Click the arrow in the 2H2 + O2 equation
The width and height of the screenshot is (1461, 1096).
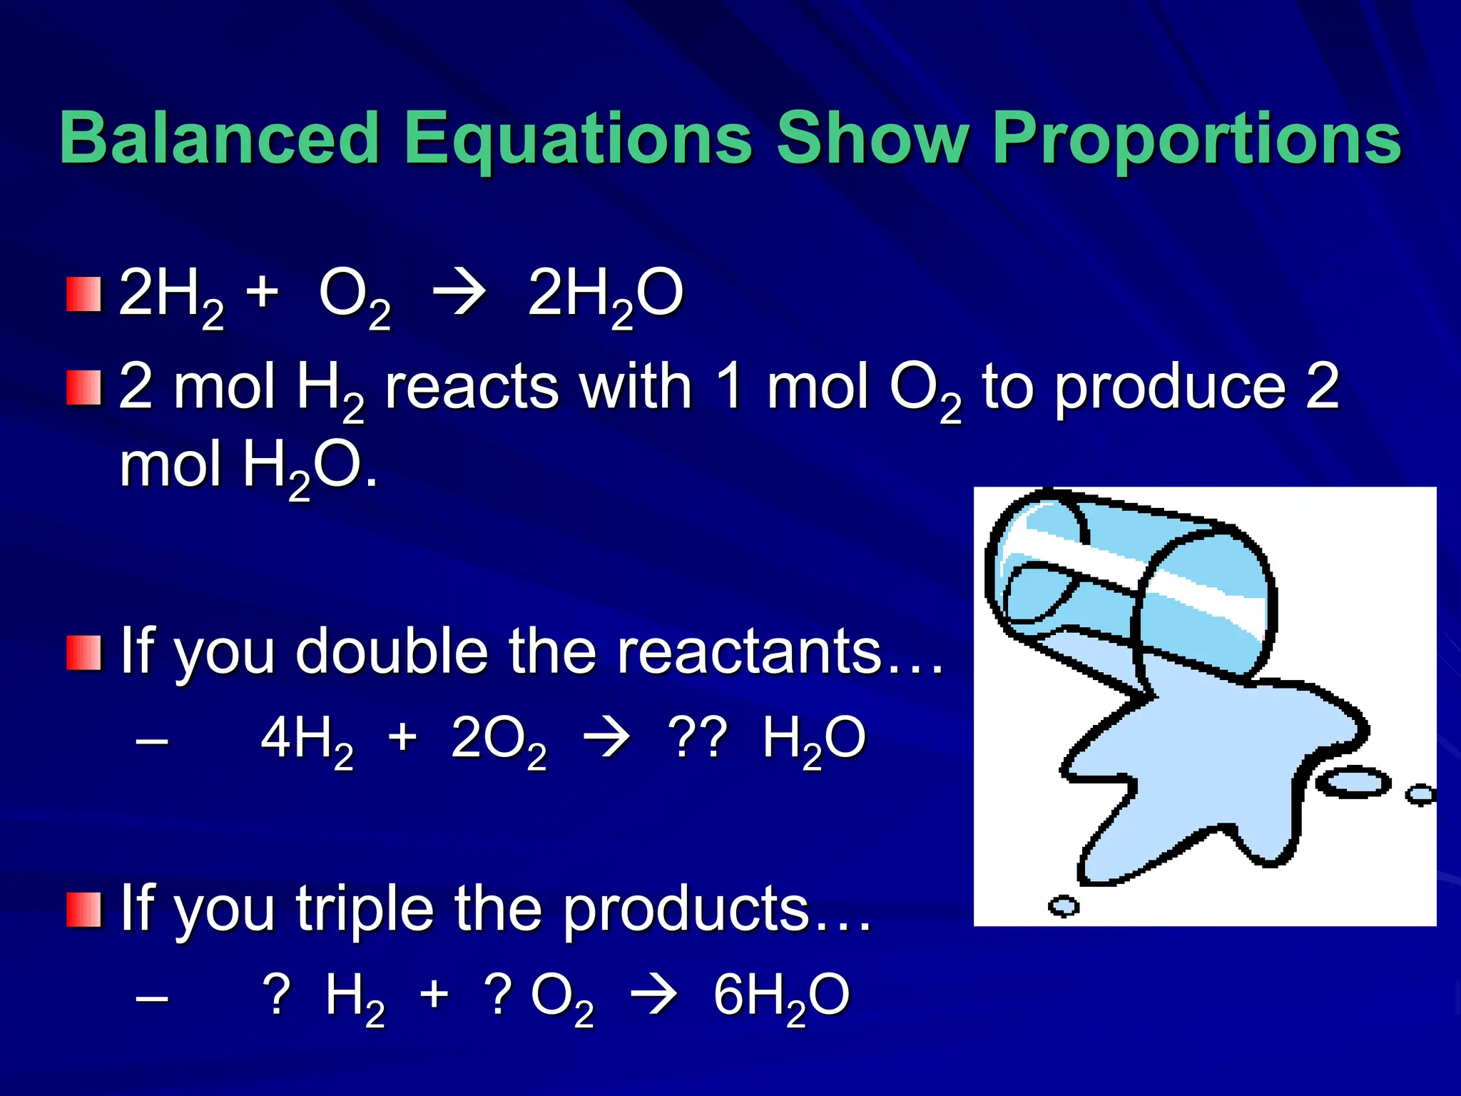[460, 293]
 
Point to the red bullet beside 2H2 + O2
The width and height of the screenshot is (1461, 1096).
[83, 295]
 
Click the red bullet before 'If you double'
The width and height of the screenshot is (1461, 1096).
[83, 652]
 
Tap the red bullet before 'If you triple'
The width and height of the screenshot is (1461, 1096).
[83, 909]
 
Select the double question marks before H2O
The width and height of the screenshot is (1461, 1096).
[697, 737]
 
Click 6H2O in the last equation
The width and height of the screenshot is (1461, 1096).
[781, 995]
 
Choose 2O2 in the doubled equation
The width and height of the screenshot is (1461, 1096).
[499, 740]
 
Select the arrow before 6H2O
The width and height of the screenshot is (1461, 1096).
[654, 994]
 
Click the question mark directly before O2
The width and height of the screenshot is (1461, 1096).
[498, 993]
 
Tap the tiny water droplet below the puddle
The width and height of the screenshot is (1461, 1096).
[1064, 906]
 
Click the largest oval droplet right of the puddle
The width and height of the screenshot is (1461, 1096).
[1353, 783]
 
